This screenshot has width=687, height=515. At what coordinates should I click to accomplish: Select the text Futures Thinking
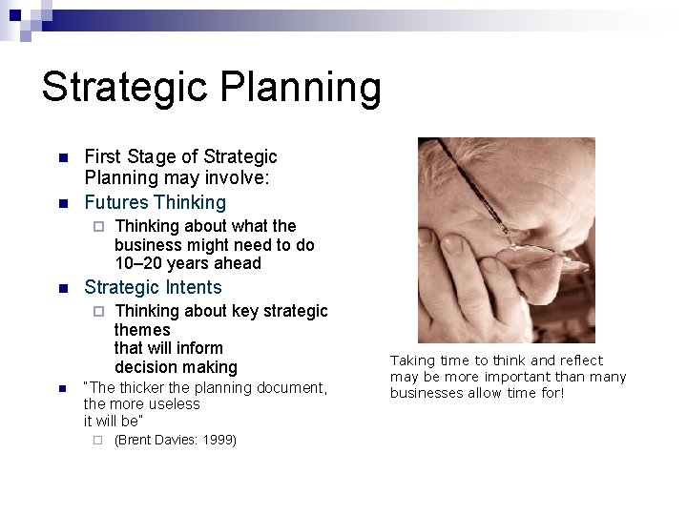(x=156, y=202)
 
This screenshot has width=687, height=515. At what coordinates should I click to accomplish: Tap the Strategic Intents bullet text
(x=153, y=287)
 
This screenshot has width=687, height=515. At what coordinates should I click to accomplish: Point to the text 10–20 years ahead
(x=187, y=263)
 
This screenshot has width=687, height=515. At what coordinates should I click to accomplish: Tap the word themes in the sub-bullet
(x=142, y=330)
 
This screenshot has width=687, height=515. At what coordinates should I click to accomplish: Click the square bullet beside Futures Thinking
(x=62, y=203)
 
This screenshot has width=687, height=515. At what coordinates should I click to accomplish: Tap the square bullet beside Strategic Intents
(x=62, y=288)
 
